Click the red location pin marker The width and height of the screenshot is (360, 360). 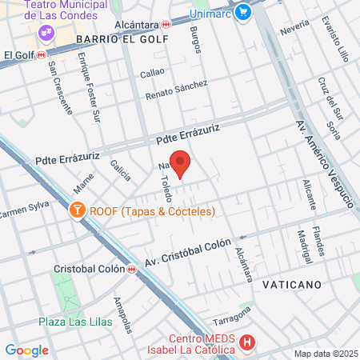pyautogui.click(x=181, y=164)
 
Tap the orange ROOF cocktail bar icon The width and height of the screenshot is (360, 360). pyautogui.click(x=78, y=211)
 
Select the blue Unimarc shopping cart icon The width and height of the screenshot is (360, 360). pyautogui.click(x=242, y=14)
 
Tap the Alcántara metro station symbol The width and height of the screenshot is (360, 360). pyautogui.click(x=166, y=25)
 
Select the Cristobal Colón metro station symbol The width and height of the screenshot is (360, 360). pyautogui.click(x=131, y=269)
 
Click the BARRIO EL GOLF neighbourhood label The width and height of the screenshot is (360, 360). pyautogui.click(x=122, y=38)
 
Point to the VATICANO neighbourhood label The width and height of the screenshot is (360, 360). pyautogui.click(x=291, y=284)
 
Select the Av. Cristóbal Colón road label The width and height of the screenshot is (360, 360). pyautogui.click(x=189, y=252)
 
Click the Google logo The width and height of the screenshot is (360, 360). pyautogui.click(x=26, y=350)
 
